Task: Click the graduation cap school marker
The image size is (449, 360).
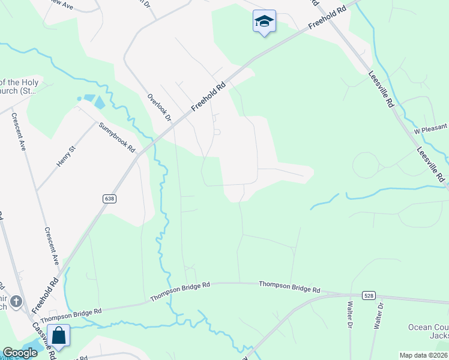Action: (264, 22)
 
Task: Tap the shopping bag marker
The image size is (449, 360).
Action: (59, 335)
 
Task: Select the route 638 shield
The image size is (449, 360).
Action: (109, 198)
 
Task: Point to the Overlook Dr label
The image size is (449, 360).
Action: (160, 107)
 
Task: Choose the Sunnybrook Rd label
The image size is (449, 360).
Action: (118, 137)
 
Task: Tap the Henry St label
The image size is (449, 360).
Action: (65, 156)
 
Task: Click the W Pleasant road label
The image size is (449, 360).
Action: (430, 128)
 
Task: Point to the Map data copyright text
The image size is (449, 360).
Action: (423, 355)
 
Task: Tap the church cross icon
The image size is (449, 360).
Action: (17, 301)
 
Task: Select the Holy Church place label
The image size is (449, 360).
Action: (19, 87)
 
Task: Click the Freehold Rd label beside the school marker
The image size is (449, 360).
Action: (327, 20)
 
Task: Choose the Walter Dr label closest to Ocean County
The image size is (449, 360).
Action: (378, 315)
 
